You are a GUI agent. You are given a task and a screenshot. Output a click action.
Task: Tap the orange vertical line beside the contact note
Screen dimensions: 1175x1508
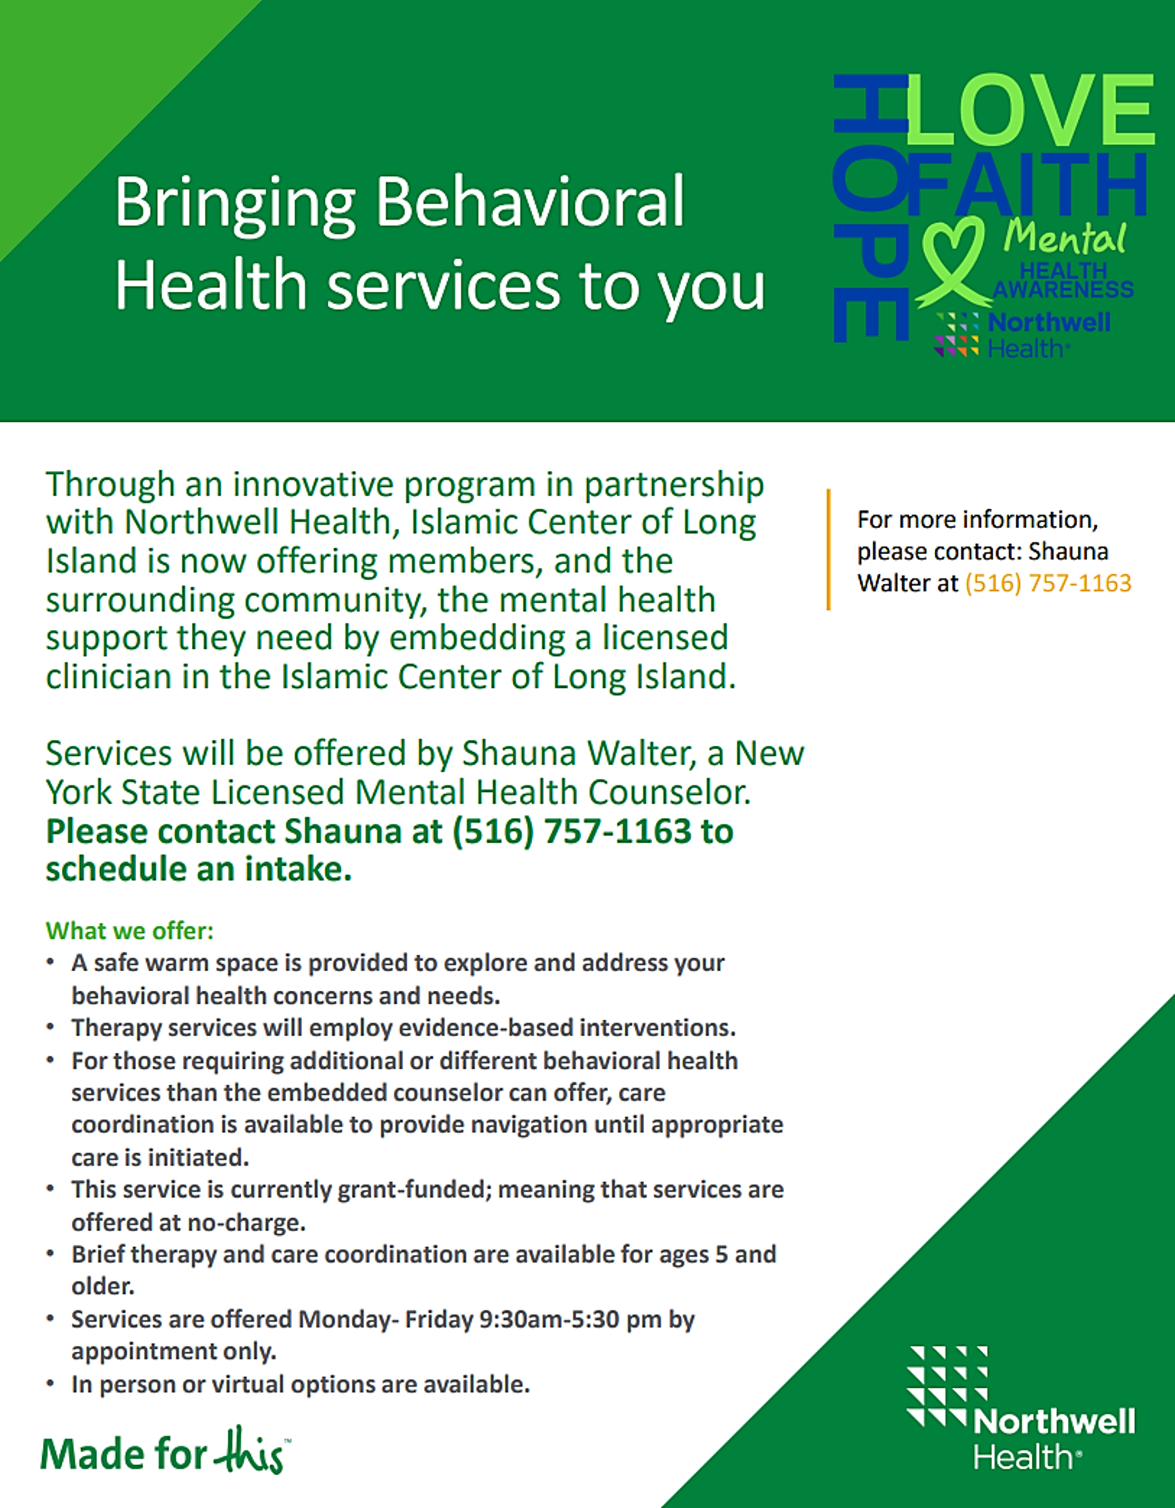828,550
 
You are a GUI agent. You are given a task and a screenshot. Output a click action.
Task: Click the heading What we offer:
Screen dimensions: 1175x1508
130,931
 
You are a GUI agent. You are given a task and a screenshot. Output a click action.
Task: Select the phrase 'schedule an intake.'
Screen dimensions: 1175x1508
199,869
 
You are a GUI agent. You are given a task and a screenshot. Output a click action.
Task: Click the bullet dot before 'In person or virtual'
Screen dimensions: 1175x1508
50,1384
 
